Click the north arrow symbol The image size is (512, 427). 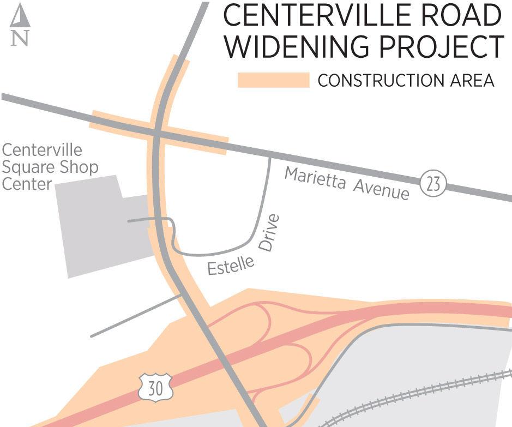coord(20,16)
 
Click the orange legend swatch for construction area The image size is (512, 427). coord(273,80)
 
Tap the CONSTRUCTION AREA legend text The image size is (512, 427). coord(406,81)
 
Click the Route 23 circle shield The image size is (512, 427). coord(433,184)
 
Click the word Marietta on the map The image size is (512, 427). coord(315,179)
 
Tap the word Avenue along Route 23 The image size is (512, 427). coord(381,189)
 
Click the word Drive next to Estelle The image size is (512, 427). coord(269,233)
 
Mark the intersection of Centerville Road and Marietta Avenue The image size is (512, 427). coord(156,133)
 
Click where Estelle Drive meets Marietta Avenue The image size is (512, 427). coord(270,157)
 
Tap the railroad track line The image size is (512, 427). coord(414,398)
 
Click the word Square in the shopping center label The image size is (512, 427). coord(26,167)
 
